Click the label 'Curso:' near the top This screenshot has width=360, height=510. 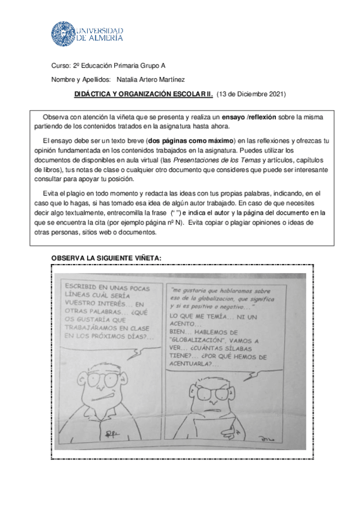pyautogui.click(x=61, y=66)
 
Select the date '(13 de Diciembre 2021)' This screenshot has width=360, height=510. pyautogui.click(x=251, y=94)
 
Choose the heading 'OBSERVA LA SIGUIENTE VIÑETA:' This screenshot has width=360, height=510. pyautogui.click(x=106, y=257)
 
